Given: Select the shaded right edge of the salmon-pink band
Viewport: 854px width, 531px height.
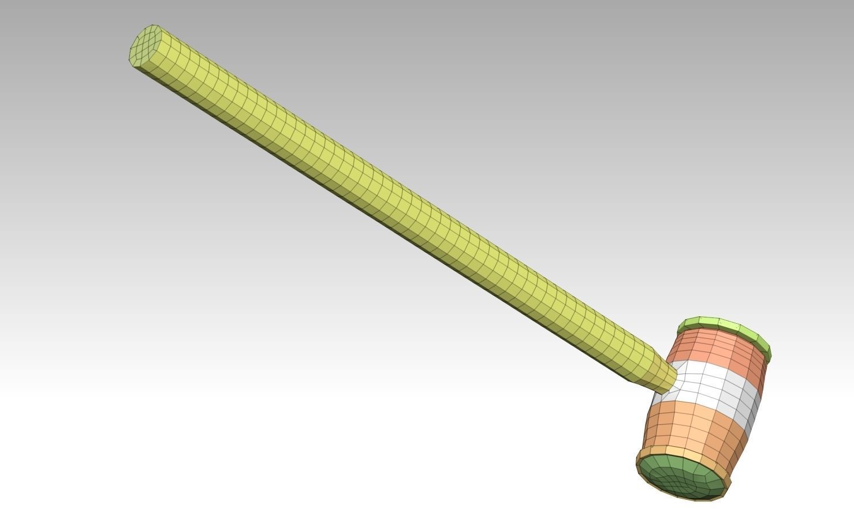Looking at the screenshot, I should [x=761, y=369].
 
